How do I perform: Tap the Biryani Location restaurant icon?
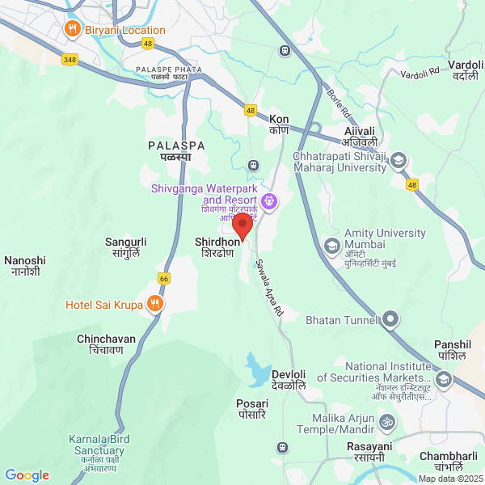point(73,30)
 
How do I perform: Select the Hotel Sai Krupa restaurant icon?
point(156,305)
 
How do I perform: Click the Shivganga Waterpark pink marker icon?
point(269,200)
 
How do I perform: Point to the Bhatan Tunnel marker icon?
point(390,320)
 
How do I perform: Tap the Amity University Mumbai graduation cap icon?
point(332,245)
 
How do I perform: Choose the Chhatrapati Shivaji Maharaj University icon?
point(399,162)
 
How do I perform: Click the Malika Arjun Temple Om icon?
point(387,423)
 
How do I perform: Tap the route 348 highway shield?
point(70,60)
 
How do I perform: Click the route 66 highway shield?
point(164,278)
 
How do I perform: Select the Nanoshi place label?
point(25,266)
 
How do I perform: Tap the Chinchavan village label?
point(100,344)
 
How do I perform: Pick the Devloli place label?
point(289,380)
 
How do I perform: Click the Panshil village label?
point(451,349)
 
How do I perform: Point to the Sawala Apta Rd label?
point(270,287)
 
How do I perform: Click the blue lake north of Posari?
point(258,371)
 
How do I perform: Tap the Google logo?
point(27,475)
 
